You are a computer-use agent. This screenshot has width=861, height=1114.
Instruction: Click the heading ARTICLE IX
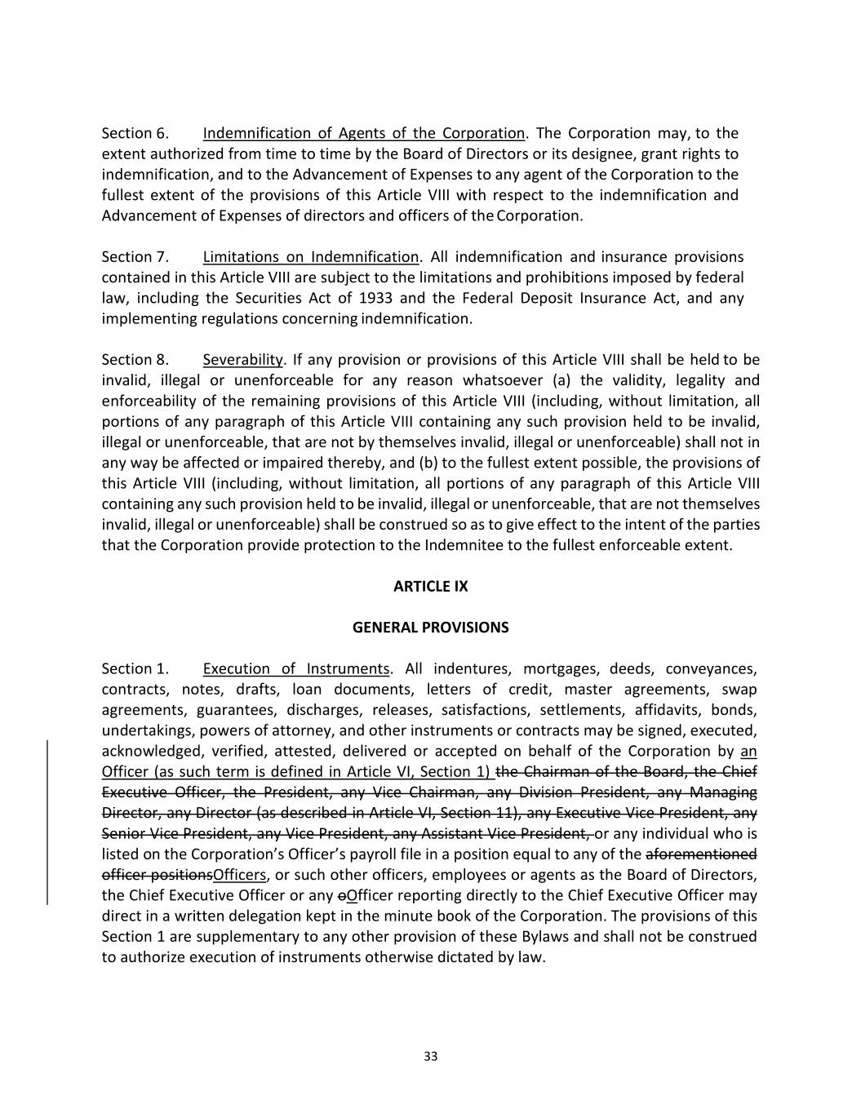pyautogui.click(x=430, y=586)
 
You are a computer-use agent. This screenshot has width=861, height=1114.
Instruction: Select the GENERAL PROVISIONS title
pyautogui.click(x=430, y=628)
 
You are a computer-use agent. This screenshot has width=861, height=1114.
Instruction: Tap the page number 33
pyautogui.click(x=431, y=1057)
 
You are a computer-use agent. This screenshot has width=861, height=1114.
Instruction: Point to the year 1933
pyautogui.click(x=375, y=298)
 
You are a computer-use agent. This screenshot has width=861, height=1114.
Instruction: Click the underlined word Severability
pyautogui.click(x=242, y=360)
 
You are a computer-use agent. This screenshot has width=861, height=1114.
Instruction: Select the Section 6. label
pyautogui.click(x=135, y=133)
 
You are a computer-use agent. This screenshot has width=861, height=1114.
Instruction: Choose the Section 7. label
pyautogui.click(x=135, y=257)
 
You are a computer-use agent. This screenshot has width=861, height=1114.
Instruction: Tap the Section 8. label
pyautogui.click(x=135, y=360)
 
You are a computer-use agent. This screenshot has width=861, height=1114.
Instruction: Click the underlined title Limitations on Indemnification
pyautogui.click(x=310, y=257)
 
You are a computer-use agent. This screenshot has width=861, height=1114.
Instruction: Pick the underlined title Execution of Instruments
pyautogui.click(x=295, y=669)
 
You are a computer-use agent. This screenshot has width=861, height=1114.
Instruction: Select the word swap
pyautogui.click(x=739, y=690)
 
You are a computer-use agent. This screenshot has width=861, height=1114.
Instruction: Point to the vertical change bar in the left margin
pyautogui.click(x=47, y=822)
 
